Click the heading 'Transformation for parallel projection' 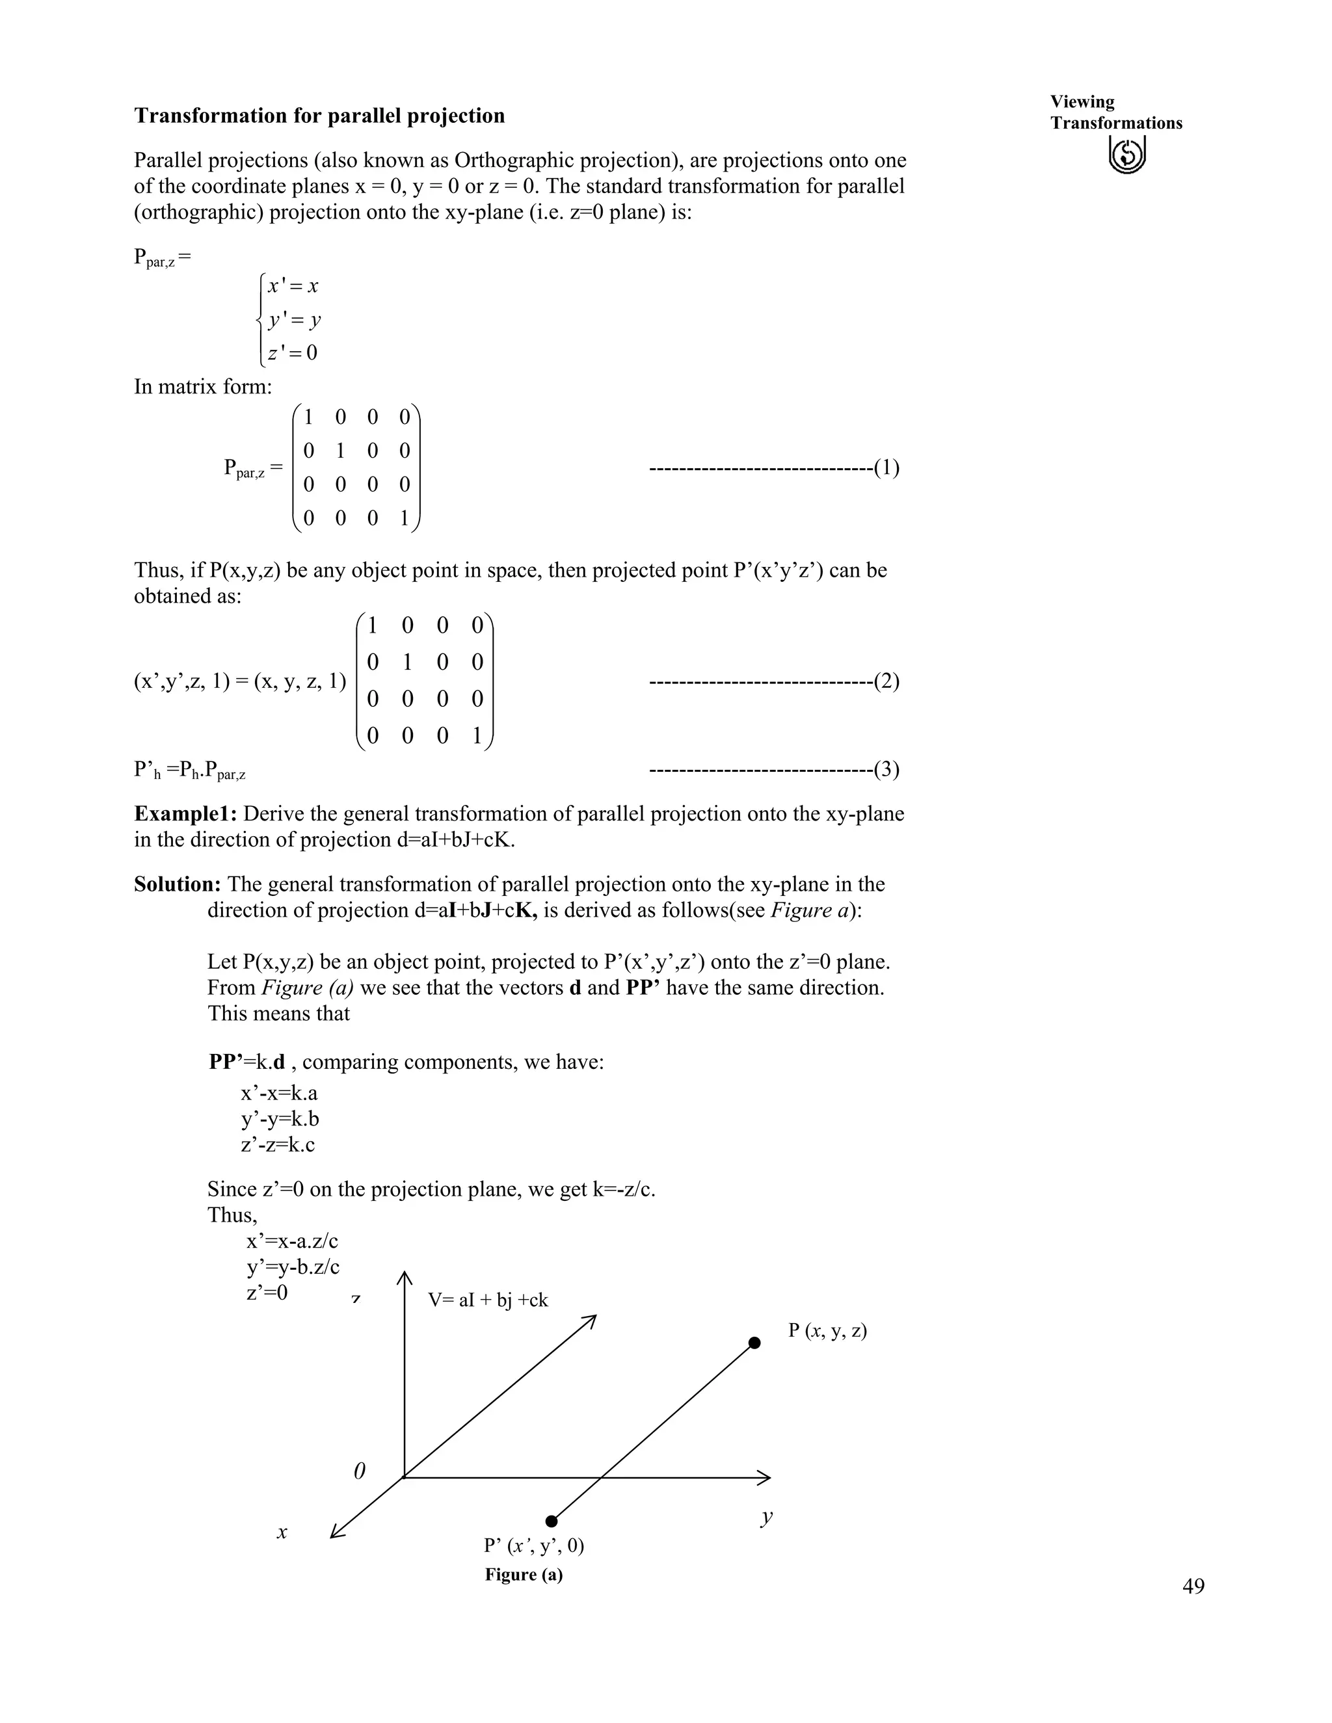pyautogui.click(x=319, y=116)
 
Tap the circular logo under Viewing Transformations pyautogui.click(x=1127, y=154)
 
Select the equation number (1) pyautogui.click(x=887, y=468)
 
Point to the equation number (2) pyautogui.click(x=887, y=681)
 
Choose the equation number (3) pyautogui.click(x=887, y=769)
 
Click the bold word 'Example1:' pyautogui.click(x=185, y=813)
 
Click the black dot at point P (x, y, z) pyautogui.click(x=754, y=1343)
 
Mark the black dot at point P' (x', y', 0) pyautogui.click(x=552, y=1521)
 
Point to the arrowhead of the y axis pyautogui.click(x=766, y=1478)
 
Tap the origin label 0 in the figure pyautogui.click(x=359, y=1471)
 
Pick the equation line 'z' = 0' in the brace pyautogui.click(x=293, y=352)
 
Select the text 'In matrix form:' pyautogui.click(x=202, y=387)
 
